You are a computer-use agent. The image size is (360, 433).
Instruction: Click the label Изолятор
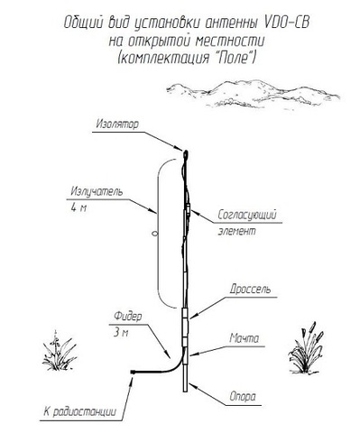[117, 124]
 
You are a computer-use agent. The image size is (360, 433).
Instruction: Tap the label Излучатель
[97, 191]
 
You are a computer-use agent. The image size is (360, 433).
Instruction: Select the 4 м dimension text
[78, 207]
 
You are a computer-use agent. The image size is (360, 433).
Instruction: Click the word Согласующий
[247, 215]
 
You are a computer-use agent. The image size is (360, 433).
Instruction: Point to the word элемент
[236, 231]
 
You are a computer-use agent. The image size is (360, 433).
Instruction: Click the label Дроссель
[250, 289]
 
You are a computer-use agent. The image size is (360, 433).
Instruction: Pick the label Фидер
[128, 317]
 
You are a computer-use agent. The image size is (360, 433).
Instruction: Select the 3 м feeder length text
[121, 333]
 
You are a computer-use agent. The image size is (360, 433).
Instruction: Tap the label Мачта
[244, 338]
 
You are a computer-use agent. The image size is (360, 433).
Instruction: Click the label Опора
[243, 397]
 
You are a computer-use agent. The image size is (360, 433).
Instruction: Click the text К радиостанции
[79, 411]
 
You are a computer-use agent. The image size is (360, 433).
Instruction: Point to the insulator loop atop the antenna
[186, 154]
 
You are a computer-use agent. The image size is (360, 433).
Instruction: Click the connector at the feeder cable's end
[133, 373]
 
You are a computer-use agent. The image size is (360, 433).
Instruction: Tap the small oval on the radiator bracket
[155, 233]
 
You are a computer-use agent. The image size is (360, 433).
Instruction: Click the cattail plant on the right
[306, 348]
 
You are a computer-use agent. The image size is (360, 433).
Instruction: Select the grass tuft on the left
[59, 351]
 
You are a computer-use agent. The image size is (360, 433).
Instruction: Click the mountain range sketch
[254, 93]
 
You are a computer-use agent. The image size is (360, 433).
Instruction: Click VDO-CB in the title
[286, 23]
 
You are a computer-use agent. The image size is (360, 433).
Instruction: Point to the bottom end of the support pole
[186, 392]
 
